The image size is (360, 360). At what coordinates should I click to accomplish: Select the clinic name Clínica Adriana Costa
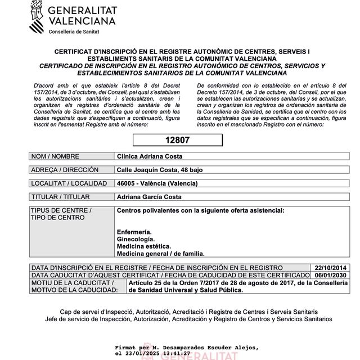pos(150,156)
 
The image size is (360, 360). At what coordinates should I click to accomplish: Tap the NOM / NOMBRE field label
pos(55,156)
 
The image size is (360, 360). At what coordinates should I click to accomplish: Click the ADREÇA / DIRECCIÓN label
pos(65,170)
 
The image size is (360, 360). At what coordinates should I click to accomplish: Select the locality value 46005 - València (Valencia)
pos(157,183)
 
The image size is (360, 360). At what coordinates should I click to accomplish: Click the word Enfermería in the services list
pos(134,232)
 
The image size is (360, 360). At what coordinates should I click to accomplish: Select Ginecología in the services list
pos(135,239)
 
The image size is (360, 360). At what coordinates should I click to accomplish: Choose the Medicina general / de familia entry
pos(160,254)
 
